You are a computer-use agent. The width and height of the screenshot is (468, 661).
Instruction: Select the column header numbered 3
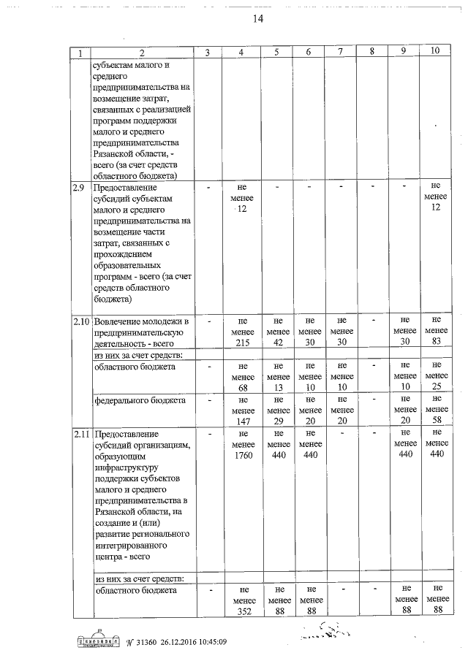pyautogui.click(x=208, y=52)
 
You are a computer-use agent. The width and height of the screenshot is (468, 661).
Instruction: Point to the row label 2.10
pyautogui.click(x=80, y=321)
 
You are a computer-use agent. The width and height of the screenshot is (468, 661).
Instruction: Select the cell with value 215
pyautogui.click(x=242, y=341)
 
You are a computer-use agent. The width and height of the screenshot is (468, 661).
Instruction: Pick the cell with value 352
pyautogui.click(x=242, y=612)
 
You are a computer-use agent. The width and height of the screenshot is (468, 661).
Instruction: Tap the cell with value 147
pyautogui.click(x=242, y=421)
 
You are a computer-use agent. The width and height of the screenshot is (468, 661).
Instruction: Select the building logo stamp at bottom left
pyautogui.click(x=97, y=641)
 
